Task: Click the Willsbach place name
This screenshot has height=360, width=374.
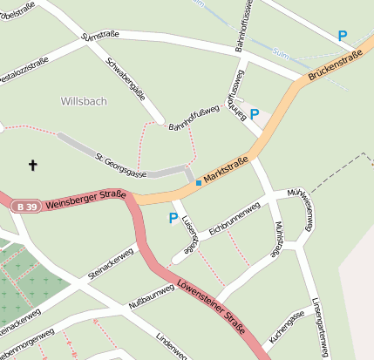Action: point(84,101)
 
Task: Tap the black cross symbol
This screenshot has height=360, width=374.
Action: point(34,164)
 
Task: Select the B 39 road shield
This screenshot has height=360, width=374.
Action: point(24,207)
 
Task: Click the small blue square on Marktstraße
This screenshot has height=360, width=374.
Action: point(199,183)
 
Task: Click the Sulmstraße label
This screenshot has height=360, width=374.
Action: point(99,35)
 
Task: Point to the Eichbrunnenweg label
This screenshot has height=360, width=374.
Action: point(235,215)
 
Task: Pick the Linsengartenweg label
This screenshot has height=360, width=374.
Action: point(321,327)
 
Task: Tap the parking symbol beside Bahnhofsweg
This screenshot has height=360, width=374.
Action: point(255,114)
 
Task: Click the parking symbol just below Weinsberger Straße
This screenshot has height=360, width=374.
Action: point(173,218)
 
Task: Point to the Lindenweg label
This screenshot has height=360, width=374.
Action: point(171,346)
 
